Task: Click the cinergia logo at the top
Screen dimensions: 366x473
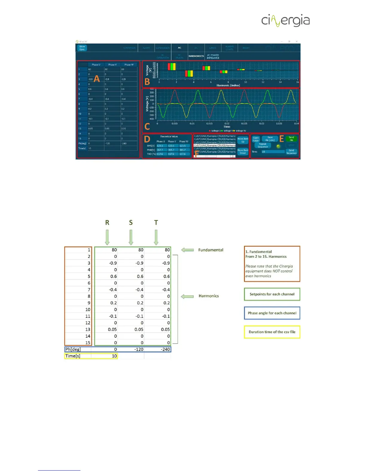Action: click(286, 20)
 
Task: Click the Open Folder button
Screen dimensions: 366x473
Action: click(256, 139)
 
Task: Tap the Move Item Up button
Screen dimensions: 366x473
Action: click(243, 140)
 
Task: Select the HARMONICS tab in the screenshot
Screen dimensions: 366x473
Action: click(196, 56)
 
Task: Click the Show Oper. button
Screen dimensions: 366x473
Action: click(82, 48)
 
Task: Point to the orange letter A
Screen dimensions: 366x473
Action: click(97, 79)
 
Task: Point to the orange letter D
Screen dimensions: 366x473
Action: click(147, 139)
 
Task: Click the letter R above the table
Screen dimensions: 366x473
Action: click(107, 222)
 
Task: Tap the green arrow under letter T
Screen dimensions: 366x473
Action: click(156, 237)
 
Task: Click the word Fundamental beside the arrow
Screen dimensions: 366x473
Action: click(211, 250)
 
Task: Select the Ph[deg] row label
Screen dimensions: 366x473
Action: click(73, 349)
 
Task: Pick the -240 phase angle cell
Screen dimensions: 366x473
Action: click(165, 349)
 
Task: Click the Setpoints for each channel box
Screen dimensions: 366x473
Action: click(272, 294)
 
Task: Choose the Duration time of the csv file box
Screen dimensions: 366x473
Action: click(272, 332)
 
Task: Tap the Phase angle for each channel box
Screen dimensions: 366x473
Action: click(272, 313)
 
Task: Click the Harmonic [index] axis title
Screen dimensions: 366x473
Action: click(228, 85)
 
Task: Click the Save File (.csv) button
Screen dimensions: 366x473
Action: click(270, 139)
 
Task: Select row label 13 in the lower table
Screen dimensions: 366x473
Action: click(88, 329)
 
